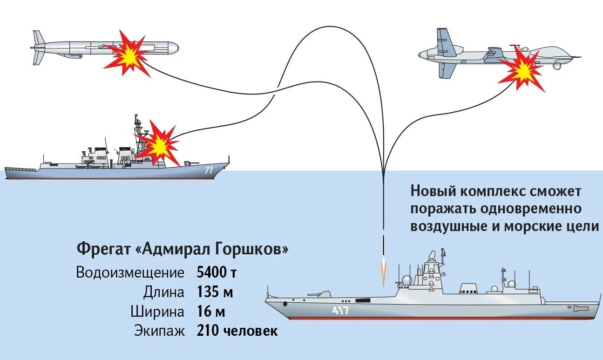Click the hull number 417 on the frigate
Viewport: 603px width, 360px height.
point(340,311)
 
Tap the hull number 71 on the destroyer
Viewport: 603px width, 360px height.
point(209,171)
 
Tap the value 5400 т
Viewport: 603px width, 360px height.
point(217,272)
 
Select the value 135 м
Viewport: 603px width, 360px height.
point(215,292)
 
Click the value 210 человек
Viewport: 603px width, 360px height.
point(237,331)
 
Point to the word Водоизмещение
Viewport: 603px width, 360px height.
point(130,273)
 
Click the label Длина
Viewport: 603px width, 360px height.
point(164,292)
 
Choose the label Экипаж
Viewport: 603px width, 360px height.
point(160,332)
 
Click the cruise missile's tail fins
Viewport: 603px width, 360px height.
point(39,47)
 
